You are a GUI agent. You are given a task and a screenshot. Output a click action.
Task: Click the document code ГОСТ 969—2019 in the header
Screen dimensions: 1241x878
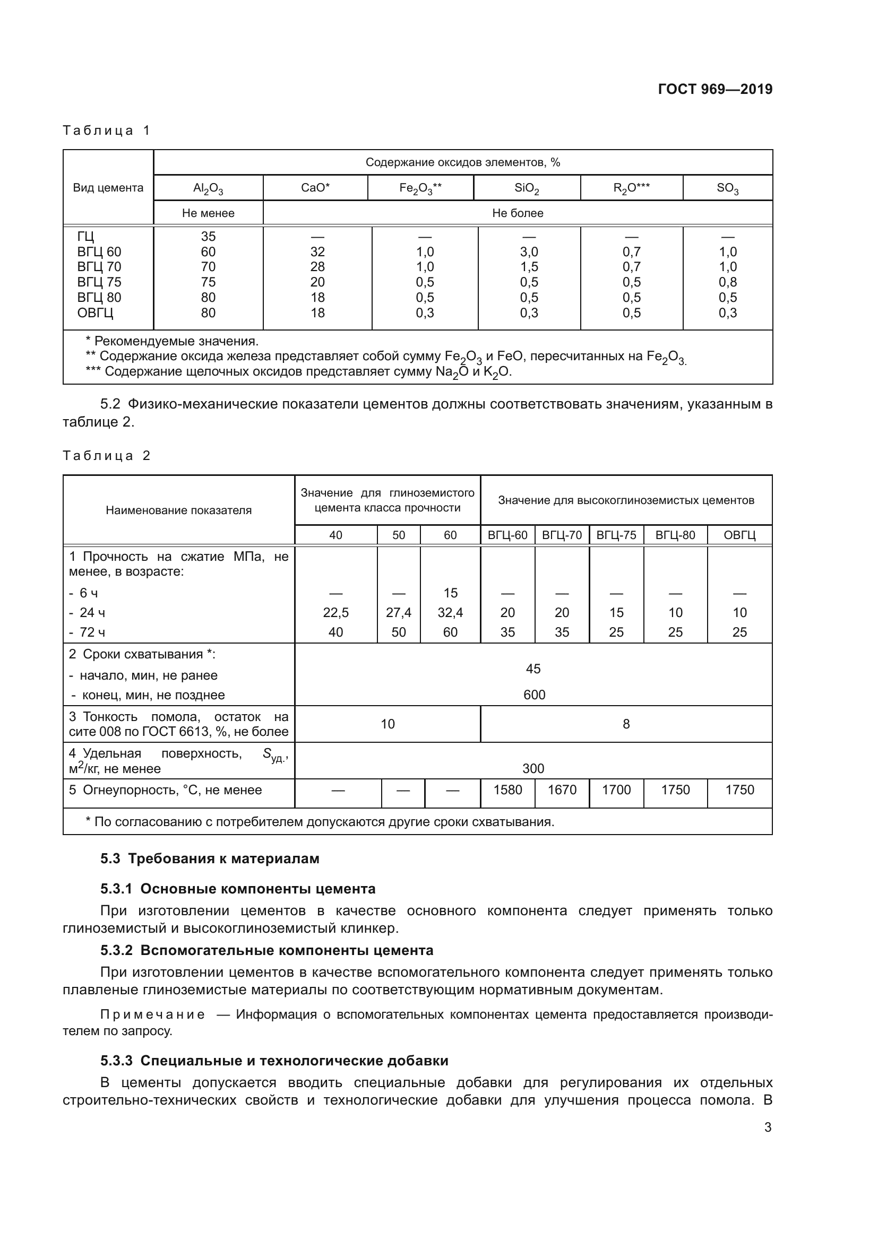pos(715,89)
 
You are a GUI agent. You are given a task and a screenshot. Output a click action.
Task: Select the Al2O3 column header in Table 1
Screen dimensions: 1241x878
pos(208,188)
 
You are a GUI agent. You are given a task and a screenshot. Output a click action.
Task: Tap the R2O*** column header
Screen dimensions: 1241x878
pos(631,188)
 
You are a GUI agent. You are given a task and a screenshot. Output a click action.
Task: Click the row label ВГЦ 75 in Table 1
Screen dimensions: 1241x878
pos(99,282)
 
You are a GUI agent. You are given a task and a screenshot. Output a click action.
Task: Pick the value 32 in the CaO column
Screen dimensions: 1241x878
pos(317,252)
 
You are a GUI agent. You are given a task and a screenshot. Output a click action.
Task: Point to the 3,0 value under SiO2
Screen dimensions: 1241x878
pos(529,252)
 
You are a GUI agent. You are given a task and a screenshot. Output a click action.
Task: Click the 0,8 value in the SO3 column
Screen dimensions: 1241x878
pos(727,282)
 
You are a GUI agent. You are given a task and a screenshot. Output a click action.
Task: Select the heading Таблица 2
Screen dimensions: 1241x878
pos(107,456)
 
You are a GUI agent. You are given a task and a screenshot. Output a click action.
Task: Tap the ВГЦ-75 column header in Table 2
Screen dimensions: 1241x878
pos(616,535)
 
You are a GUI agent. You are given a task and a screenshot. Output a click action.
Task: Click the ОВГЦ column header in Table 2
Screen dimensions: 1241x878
pos(739,535)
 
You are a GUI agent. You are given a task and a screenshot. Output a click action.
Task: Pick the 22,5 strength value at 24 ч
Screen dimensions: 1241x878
pos(335,612)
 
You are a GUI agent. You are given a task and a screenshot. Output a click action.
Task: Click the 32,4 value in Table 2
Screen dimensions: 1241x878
pos(450,612)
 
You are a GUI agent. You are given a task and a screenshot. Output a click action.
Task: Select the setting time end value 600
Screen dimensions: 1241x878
pos(533,695)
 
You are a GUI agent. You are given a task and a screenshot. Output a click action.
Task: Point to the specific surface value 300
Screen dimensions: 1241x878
pos(533,769)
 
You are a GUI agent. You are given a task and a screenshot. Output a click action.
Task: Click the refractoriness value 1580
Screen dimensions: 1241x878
pos(507,789)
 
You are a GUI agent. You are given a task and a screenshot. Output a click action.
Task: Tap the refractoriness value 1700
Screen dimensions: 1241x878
pos(616,789)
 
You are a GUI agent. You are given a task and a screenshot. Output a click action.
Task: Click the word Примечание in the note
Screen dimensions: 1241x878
pos(152,1014)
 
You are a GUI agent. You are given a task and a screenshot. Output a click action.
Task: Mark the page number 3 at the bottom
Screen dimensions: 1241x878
pos(767,1127)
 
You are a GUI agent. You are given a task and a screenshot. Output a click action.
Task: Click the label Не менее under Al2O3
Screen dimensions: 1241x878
pos(208,213)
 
